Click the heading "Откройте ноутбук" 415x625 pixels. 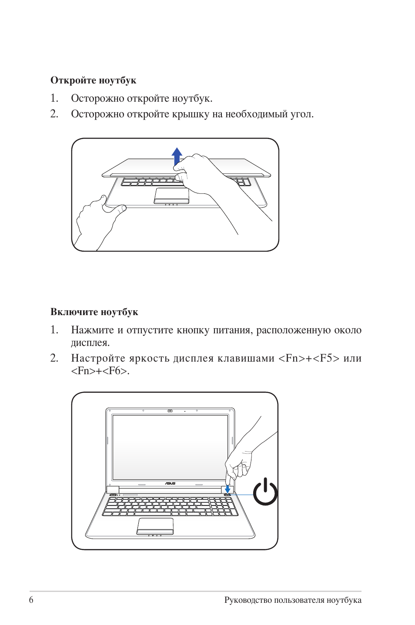(93, 80)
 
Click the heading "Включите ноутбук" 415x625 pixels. (94, 312)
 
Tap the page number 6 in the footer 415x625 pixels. (31, 600)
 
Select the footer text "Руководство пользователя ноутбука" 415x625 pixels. (293, 600)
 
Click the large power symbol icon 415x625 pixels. (265, 492)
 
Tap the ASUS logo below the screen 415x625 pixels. (170, 483)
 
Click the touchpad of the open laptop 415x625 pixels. (155, 525)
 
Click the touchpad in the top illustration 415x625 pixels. (171, 195)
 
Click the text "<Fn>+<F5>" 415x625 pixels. (308, 359)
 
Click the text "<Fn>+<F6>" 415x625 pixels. (100, 371)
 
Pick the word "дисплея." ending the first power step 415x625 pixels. (90, 343)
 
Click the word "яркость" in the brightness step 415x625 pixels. (149, 359)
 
